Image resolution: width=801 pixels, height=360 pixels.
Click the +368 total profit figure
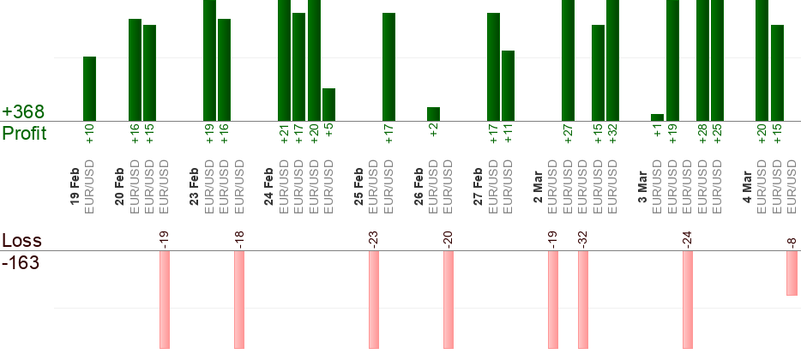pos(23,112)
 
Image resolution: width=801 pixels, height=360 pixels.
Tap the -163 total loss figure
pos(21,262)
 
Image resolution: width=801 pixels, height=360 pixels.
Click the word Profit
pos(25,134)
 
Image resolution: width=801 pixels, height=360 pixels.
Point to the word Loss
pos(20,241)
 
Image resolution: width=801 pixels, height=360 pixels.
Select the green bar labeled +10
pos(89,88)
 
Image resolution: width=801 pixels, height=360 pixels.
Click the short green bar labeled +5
pos(328,105)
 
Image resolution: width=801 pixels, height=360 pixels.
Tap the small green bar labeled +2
pos(433,114)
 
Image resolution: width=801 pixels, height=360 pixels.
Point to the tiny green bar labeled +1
pos(658,117)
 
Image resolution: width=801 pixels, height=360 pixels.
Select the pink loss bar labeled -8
pos(792,273)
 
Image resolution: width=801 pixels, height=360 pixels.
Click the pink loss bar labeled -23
pos(374,299)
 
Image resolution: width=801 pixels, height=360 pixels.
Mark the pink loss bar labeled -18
pos(239,299)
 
